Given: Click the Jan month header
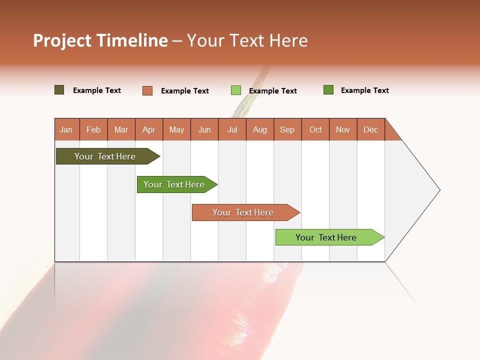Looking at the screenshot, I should (66, 129).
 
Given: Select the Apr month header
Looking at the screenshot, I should (149, 129).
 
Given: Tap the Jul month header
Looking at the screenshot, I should (232, 129).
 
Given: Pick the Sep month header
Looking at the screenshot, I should (287, 129).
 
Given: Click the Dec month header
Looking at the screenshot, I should (370, 129).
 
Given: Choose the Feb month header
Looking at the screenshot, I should (93, 129).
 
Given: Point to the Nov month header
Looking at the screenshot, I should (342, 129).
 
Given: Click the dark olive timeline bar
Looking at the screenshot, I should (105, 156).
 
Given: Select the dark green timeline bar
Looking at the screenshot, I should (174, 184).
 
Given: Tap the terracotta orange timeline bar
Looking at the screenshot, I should (243, 212).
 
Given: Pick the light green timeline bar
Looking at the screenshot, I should (326, 237).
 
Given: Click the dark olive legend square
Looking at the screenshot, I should (59, 90).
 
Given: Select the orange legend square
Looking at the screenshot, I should (147, 90).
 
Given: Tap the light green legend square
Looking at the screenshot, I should (235, 90).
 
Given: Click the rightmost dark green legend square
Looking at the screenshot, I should (328, 90).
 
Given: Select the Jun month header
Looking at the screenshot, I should (204, 129).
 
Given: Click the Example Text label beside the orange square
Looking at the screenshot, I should (185, 91).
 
